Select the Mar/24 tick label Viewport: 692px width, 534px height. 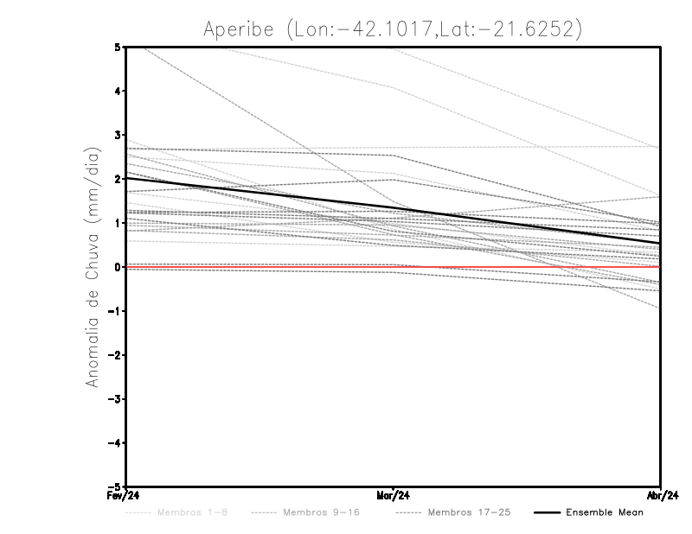point(394,496)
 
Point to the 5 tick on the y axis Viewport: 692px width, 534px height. point(117,47)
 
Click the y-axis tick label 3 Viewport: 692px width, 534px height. point(117,135)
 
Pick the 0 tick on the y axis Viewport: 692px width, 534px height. point(117,267)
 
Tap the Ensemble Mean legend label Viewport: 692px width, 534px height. point(604,512)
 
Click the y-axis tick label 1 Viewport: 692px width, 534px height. point(117,223)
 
